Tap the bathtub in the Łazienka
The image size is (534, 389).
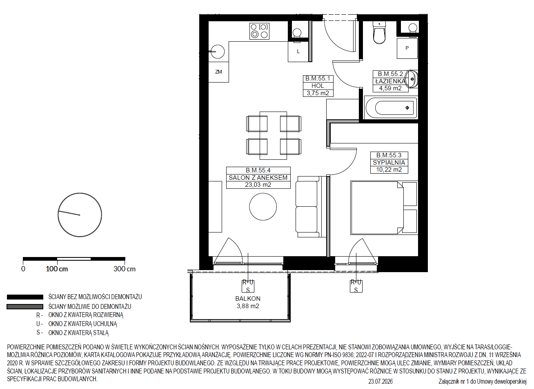pyautogui.click(x=391, y=107)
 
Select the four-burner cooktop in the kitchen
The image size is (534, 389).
pyautogui.click(x=259, y=31)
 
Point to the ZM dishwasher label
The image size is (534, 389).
pyautogui.click(x=218, y=72)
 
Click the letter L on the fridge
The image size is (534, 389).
pyautogui.click(x=298, y=51)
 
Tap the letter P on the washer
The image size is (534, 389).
pyautogui.click(x=407, y=48)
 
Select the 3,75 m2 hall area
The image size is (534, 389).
pyautogui.click(x=318, y=93)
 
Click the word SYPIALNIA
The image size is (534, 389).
pyautogui.click(x=389, y=163)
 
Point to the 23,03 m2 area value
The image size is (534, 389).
pyautogui.click(x=258, y=185)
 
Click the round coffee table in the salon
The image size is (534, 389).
pyautogui.click(x=263, y=207)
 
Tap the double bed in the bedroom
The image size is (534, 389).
pyautogui.click(x=384, y=208)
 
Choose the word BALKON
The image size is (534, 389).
pyautogui.click(x=248, y=299)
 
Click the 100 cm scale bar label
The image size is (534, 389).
pyautogui.click(x=57, y=269)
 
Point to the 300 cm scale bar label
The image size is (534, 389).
pyautogui.click(x=125, y=269)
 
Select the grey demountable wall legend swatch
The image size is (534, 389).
pyautogui.click(x=25, y=307)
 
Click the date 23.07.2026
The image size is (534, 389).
pyautogui.click(x=380, y=382)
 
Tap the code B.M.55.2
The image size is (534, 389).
pyautogui.click(x=390, y=74)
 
